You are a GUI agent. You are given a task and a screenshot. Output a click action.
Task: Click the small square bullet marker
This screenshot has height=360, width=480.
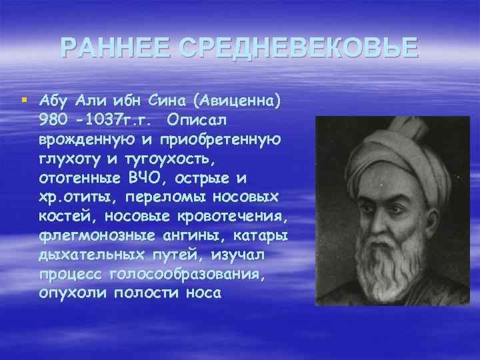tap(24, 101)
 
